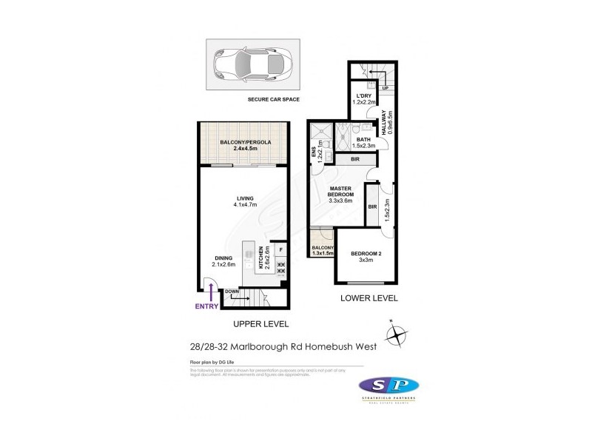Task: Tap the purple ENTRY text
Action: click(x=206, y=306)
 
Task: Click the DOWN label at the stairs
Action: click(x=231, y=292)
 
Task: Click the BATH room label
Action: click(x=363, y=139)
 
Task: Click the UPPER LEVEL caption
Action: click(x=261, y=324)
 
